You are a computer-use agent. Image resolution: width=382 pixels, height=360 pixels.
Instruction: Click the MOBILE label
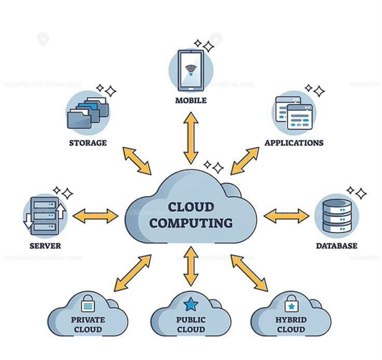[191, 100]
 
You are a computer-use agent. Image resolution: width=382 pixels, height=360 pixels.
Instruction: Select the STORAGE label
[88, 142]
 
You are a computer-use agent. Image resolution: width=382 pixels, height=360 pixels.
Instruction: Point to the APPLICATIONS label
[294, 142]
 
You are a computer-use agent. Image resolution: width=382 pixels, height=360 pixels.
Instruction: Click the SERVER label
[45, 246]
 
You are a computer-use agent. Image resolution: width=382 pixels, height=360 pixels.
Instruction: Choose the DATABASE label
[336, 246]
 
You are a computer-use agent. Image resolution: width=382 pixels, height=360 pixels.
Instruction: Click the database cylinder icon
[336, 216]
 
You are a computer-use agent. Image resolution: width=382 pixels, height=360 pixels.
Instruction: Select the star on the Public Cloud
[191, 306]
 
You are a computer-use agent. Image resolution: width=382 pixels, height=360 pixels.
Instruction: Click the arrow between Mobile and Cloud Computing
[191, 139]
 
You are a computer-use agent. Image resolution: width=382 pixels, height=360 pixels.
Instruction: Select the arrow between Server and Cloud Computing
[95, 216]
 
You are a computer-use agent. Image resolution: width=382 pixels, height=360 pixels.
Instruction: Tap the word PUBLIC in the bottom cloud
[191, 320]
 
